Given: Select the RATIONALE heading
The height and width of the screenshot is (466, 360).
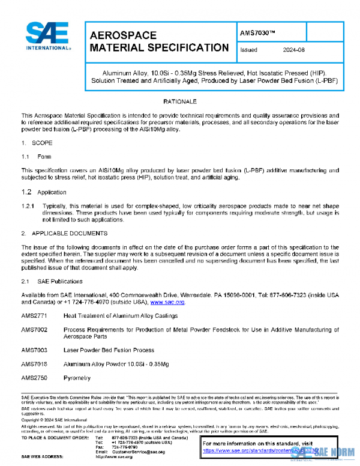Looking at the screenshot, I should (x=180, y=102).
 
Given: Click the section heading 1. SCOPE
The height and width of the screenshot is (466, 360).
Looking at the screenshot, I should (x=37, y=144).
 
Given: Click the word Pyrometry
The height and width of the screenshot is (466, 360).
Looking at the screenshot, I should (x=77, y=378).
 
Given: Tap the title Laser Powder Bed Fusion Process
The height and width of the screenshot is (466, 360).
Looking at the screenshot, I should (x=109, y=350).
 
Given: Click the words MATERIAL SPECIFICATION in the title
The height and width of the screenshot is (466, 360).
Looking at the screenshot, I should (x=158, y=47).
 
